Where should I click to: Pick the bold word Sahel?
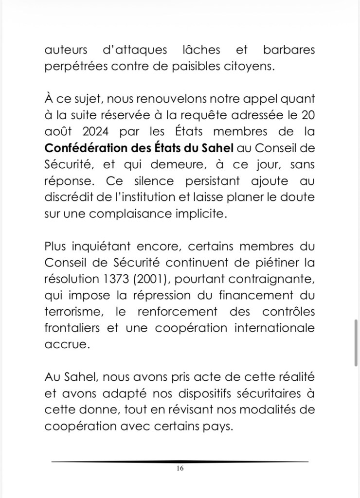[214, 148]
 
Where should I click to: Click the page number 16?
[180, 469]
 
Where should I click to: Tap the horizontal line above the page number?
[180, 461]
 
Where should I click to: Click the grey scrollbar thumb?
[357, 342]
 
